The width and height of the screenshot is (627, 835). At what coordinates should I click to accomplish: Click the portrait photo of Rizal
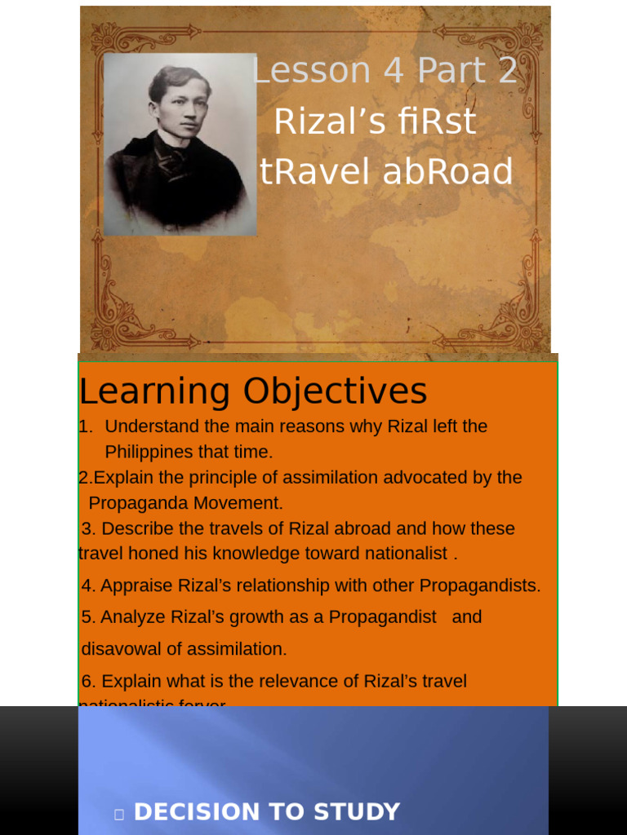180,144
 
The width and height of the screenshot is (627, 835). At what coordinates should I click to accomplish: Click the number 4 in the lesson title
394,71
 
